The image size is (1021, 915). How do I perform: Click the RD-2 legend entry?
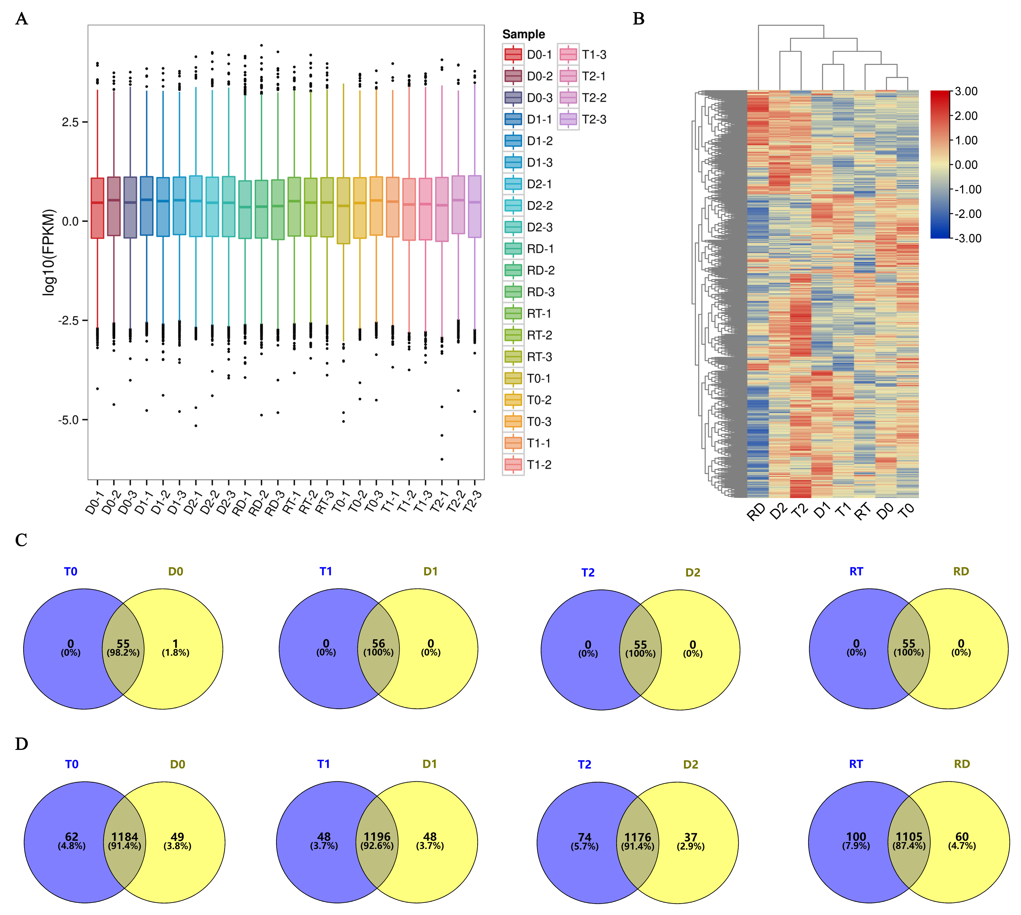pyautogui.click(x=540, y=271)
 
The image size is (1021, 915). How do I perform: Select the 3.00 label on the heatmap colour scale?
pyautogui.click(x=966, y=91)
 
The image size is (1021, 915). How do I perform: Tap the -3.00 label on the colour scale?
pyautogui.click(x=967, y=238)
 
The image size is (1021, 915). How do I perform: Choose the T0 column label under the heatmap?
pyautogui.click(x=907, y=512)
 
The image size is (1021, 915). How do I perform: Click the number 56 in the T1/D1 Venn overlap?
pyautogui.click(x=378, y=643)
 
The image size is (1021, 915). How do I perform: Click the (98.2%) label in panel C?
pyautogui.click(x=123, y=652)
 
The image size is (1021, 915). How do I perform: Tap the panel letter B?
pyautogui.click(x=638, y=19)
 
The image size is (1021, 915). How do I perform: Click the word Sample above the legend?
pyautogui.click(x=523, y=34)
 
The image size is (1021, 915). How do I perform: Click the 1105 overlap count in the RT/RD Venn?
pyautogui.click(x=909, y=837)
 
